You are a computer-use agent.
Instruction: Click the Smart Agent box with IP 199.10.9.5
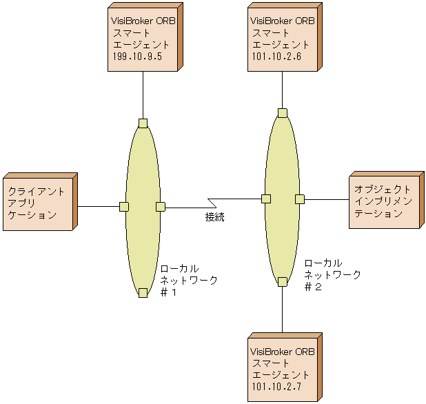tap(143, 39)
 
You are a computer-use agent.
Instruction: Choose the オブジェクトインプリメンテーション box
tap(384, 201)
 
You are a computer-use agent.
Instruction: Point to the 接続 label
tap(214, 217)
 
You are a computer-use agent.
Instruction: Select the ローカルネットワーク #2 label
tap(332, 275)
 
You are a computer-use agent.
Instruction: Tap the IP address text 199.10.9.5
tap(136, 57)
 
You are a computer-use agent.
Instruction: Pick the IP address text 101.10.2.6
tap(276, 57)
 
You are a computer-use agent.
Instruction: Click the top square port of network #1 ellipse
tap(143, 123)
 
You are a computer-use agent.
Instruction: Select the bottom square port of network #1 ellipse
tap(143, 293)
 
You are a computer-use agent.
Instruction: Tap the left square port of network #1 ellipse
tap(124, 206)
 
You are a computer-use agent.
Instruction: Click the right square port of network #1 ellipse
tap(161, 206)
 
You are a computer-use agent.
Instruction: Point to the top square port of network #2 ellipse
tap(283, 113)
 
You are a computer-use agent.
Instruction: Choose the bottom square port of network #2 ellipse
tap(283, 281)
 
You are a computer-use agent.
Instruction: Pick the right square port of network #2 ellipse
tap(300, 199)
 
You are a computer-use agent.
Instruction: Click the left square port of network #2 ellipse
tap(265, 199)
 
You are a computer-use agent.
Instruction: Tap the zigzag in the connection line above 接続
tap(214, 203)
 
